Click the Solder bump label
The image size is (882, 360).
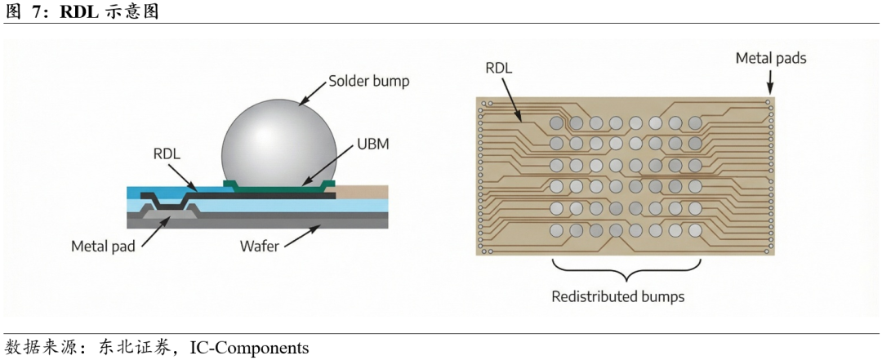[x=368, y=82]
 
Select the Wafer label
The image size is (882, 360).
[x=261, y=245]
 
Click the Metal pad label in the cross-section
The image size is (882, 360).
[x=103, y=245]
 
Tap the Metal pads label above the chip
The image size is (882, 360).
[x=771, y=58]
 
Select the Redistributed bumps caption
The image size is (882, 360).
[x=617, y=296]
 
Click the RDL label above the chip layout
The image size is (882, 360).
[x=498, y=69]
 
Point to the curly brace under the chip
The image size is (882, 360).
[x=626, y=268]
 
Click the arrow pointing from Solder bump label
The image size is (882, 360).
[x=312, y=94]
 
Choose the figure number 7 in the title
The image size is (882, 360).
[x=38, y=11]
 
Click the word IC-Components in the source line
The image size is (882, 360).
[x=249, y=349]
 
